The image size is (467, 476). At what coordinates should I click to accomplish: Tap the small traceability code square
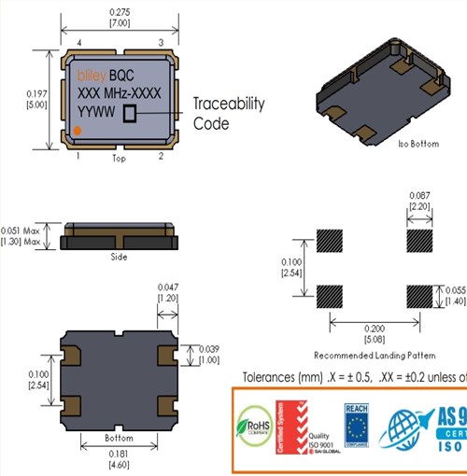[130, 112]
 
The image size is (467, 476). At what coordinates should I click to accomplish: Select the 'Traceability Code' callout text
[229, 113]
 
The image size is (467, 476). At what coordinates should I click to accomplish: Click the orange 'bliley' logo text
[91, 73]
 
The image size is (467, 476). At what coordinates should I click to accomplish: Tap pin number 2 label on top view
[161, 157]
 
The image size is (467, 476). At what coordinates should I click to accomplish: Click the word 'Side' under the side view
[118, 257]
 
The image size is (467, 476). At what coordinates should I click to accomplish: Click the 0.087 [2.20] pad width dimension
[419, 199]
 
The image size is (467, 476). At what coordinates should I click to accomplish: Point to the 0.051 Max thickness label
[23, 231]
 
